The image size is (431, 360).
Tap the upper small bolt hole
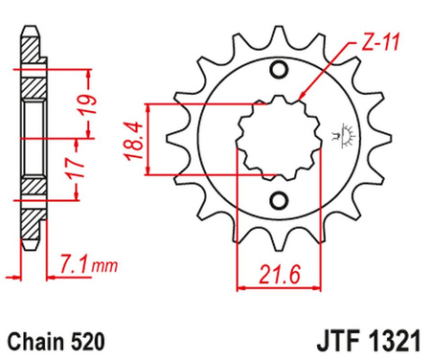(x=280, y=72)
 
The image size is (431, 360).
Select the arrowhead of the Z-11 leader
(x=301, y=98)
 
